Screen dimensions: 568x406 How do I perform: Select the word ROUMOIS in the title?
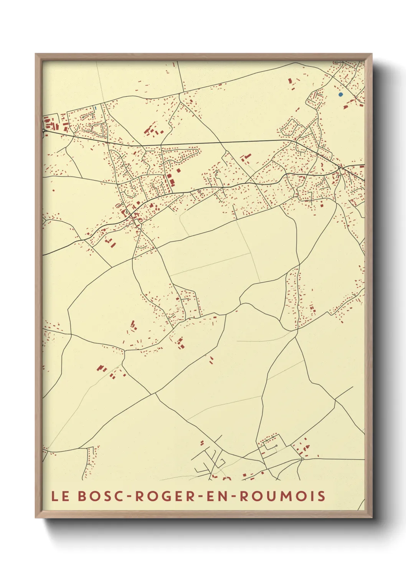coord(283,496)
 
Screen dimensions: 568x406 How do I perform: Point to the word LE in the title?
coord(61,496)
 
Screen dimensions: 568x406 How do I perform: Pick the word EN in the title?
coord(216,496)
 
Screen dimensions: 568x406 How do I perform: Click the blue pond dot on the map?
coord(340,94)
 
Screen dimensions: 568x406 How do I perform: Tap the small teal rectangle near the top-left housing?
coord(95,108)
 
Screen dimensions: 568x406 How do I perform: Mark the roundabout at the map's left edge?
coord(44,130)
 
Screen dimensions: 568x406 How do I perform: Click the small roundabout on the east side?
coord(340,167)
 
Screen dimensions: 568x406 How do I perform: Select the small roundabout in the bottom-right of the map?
coord(302,459)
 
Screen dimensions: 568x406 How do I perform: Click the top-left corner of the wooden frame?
coord(36,54)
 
